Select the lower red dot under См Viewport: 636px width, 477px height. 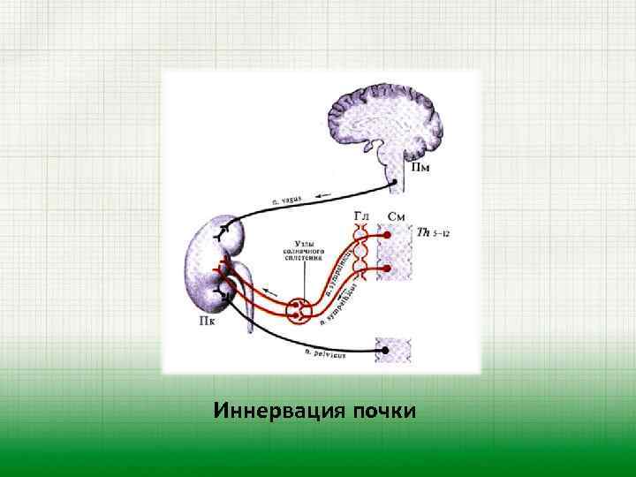point(384,268)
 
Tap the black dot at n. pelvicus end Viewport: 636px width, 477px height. point(384,351)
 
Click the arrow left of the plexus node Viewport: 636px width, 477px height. point(275,294)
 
